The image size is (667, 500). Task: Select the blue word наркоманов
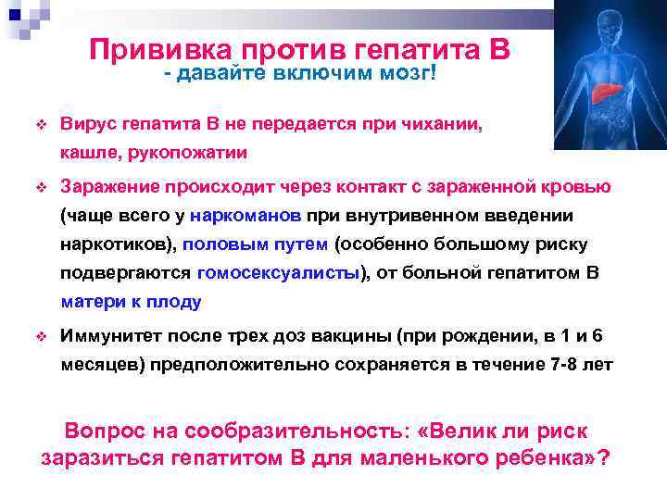pyautogui.click(x=247, y=216)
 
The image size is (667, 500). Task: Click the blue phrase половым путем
pyautogui.click(x=255, y=244)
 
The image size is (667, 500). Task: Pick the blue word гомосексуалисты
pyautogui.click(x=278, y=273)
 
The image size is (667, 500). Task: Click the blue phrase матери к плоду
pyautogui.click(x=131, y=302)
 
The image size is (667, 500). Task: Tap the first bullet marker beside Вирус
pyautogui.click(x=41, y=124)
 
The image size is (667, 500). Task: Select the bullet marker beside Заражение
pyautogui.click(x=41, y=188)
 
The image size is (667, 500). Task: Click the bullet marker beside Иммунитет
pyautogui.click(x=41, y=337)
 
